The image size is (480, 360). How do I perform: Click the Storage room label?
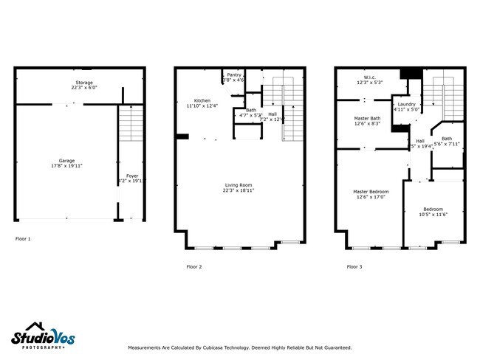[x=83, y=83]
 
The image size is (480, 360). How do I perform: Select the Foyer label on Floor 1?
[x=132, y=176]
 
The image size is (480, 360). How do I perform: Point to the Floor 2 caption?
[x=193, y=266]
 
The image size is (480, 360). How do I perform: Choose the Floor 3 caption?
[x=354, y=266]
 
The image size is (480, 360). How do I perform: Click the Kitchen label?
[x=202, y=100]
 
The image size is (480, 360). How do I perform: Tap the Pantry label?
[x=233, y=75]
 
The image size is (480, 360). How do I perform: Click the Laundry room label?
[x=406, y=104]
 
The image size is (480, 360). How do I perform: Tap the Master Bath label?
[x=367, y=118]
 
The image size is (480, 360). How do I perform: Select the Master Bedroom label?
[x=371, y=192]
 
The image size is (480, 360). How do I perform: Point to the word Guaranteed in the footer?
[x=335, y=347]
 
